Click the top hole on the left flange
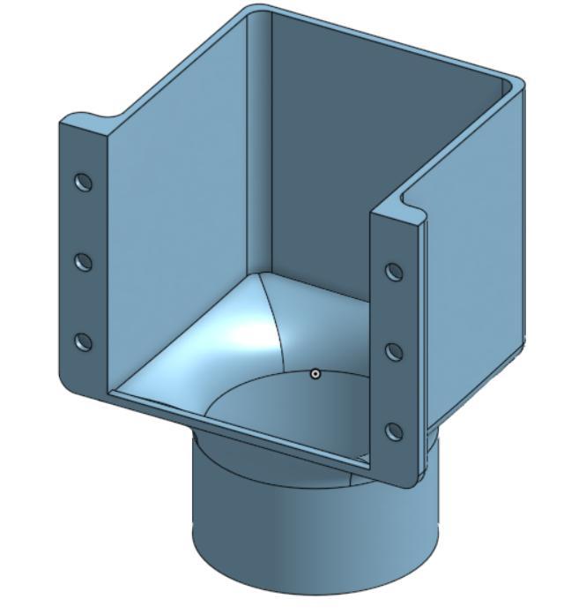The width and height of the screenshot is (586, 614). coord(84,183)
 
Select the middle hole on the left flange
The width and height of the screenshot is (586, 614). coord(84,262)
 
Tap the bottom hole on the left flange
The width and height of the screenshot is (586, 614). coord(84,341)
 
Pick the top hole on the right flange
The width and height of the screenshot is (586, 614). coord(395,272)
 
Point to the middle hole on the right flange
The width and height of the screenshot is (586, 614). coord(395,352)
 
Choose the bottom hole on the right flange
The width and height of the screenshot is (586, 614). coord(395,431)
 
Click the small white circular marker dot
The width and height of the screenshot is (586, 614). coord(315,374)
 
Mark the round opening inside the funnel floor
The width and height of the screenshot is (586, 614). coord(291,415)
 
